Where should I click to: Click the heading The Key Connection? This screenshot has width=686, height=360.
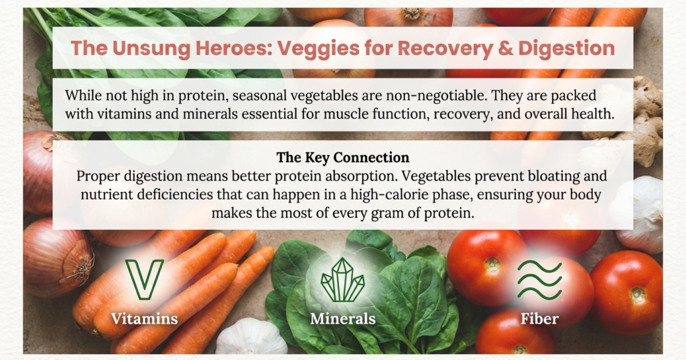click(x=342, y=158)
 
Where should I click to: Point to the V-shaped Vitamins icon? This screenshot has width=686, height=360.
click(x=144, y=279)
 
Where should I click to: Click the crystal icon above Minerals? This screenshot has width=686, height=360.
click(x=342, y=280)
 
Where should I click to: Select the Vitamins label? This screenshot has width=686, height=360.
click(x=145, y=318)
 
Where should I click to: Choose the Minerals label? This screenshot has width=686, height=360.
click(x=342, y=318)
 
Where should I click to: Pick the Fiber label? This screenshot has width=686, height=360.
click(x=539, y=318)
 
